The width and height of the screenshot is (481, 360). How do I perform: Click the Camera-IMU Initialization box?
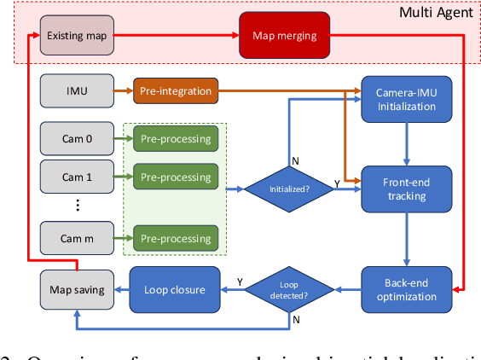tap(405, 98)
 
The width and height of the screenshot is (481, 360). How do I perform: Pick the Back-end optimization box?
tap(405, 289)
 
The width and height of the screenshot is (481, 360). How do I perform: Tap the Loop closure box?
tap(174, 289)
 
